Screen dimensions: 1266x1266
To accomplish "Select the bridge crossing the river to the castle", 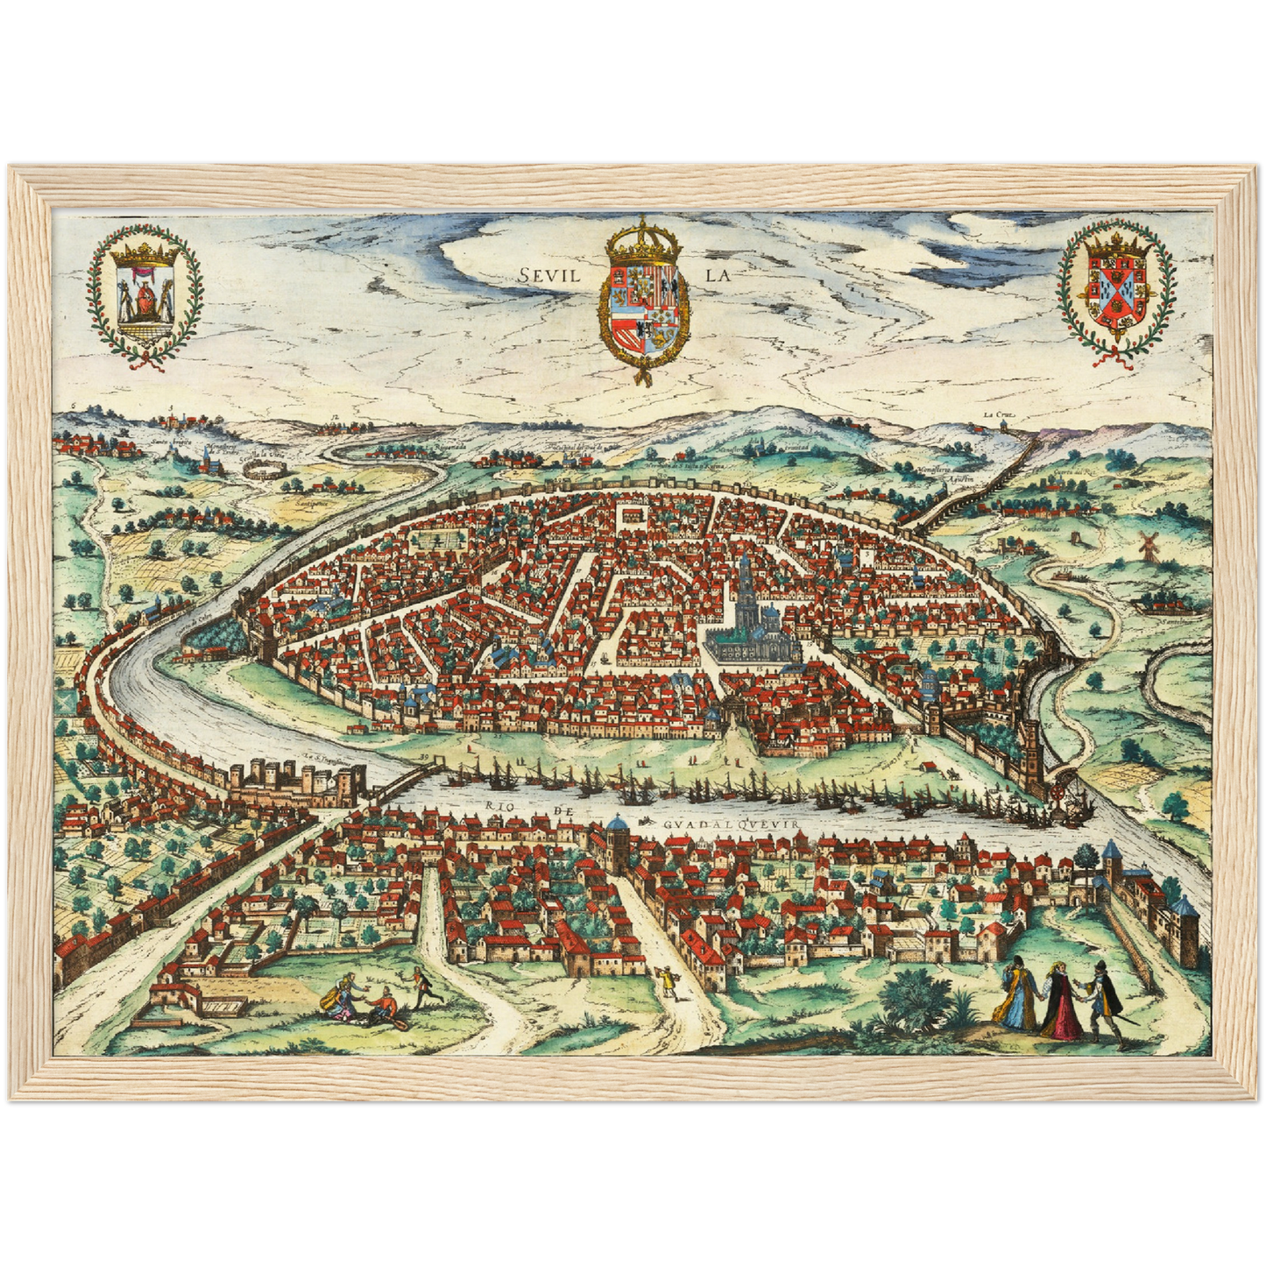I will [x=405, y=782].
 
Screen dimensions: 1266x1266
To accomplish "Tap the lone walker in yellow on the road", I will [x=669, y=981].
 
